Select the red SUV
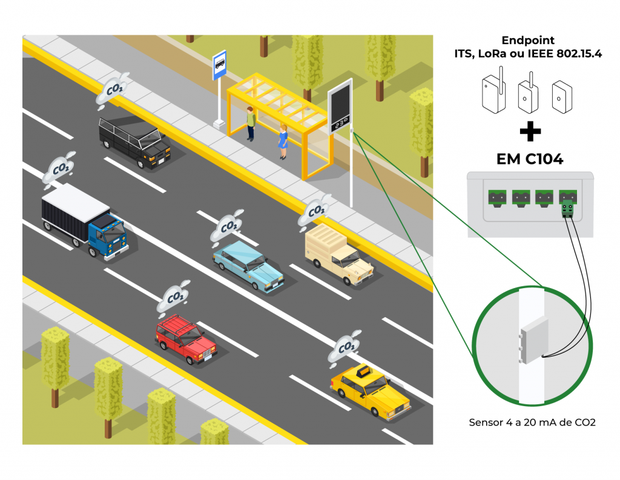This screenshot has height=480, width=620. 185,339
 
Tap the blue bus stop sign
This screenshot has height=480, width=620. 219,65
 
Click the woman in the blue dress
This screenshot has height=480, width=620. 283,141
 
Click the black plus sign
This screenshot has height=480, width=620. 530,131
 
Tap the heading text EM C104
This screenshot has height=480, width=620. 530,159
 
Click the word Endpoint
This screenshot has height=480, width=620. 529,41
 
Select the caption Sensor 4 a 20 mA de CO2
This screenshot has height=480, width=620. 532,422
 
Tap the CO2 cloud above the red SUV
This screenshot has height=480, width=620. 174,297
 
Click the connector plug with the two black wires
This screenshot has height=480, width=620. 568,208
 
